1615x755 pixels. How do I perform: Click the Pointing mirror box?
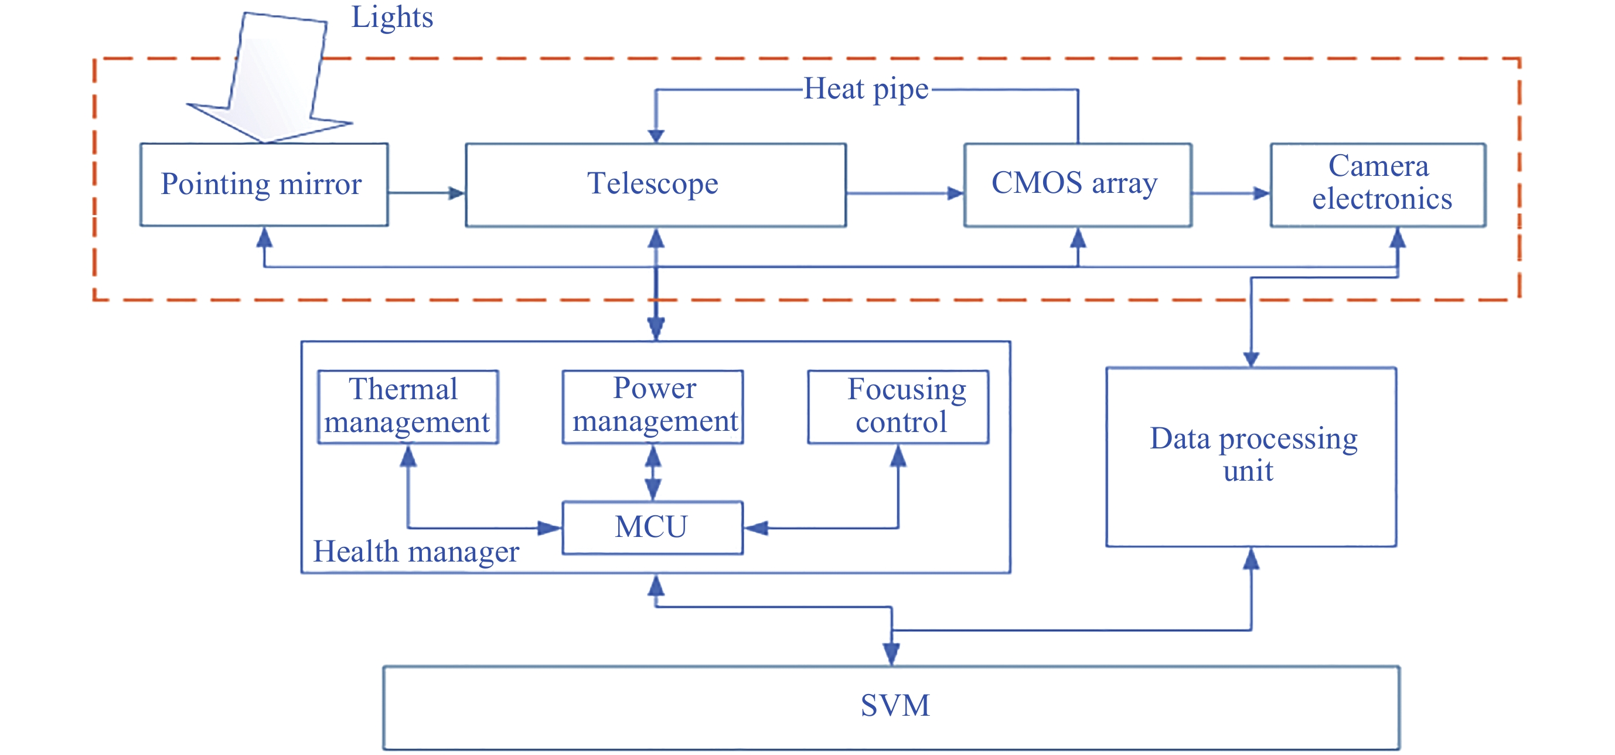[263, 185]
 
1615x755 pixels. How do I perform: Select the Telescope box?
[655, 185]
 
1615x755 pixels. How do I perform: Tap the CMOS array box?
[1077, 185]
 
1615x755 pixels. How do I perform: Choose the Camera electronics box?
[1378, 185]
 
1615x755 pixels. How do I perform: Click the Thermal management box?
[407, 406]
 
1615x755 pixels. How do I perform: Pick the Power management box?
[653, 406]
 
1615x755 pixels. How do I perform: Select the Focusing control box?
[898, 406]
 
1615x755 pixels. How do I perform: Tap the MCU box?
[653, 527]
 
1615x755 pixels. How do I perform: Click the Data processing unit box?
[1251, 457]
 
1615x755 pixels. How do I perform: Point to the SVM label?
[895, 705]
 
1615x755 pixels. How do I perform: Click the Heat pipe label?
[866, 89]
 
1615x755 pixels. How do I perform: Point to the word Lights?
[392, 17]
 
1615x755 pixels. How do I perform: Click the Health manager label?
[416, 552]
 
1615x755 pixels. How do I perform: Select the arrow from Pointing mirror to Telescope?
[427, 193]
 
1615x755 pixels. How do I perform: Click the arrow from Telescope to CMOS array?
[905, 193]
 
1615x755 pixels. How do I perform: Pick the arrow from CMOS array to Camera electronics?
[1231, 193]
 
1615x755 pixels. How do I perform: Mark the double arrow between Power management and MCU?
[653, 472]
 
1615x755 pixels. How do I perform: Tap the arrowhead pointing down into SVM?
[891, 654]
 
